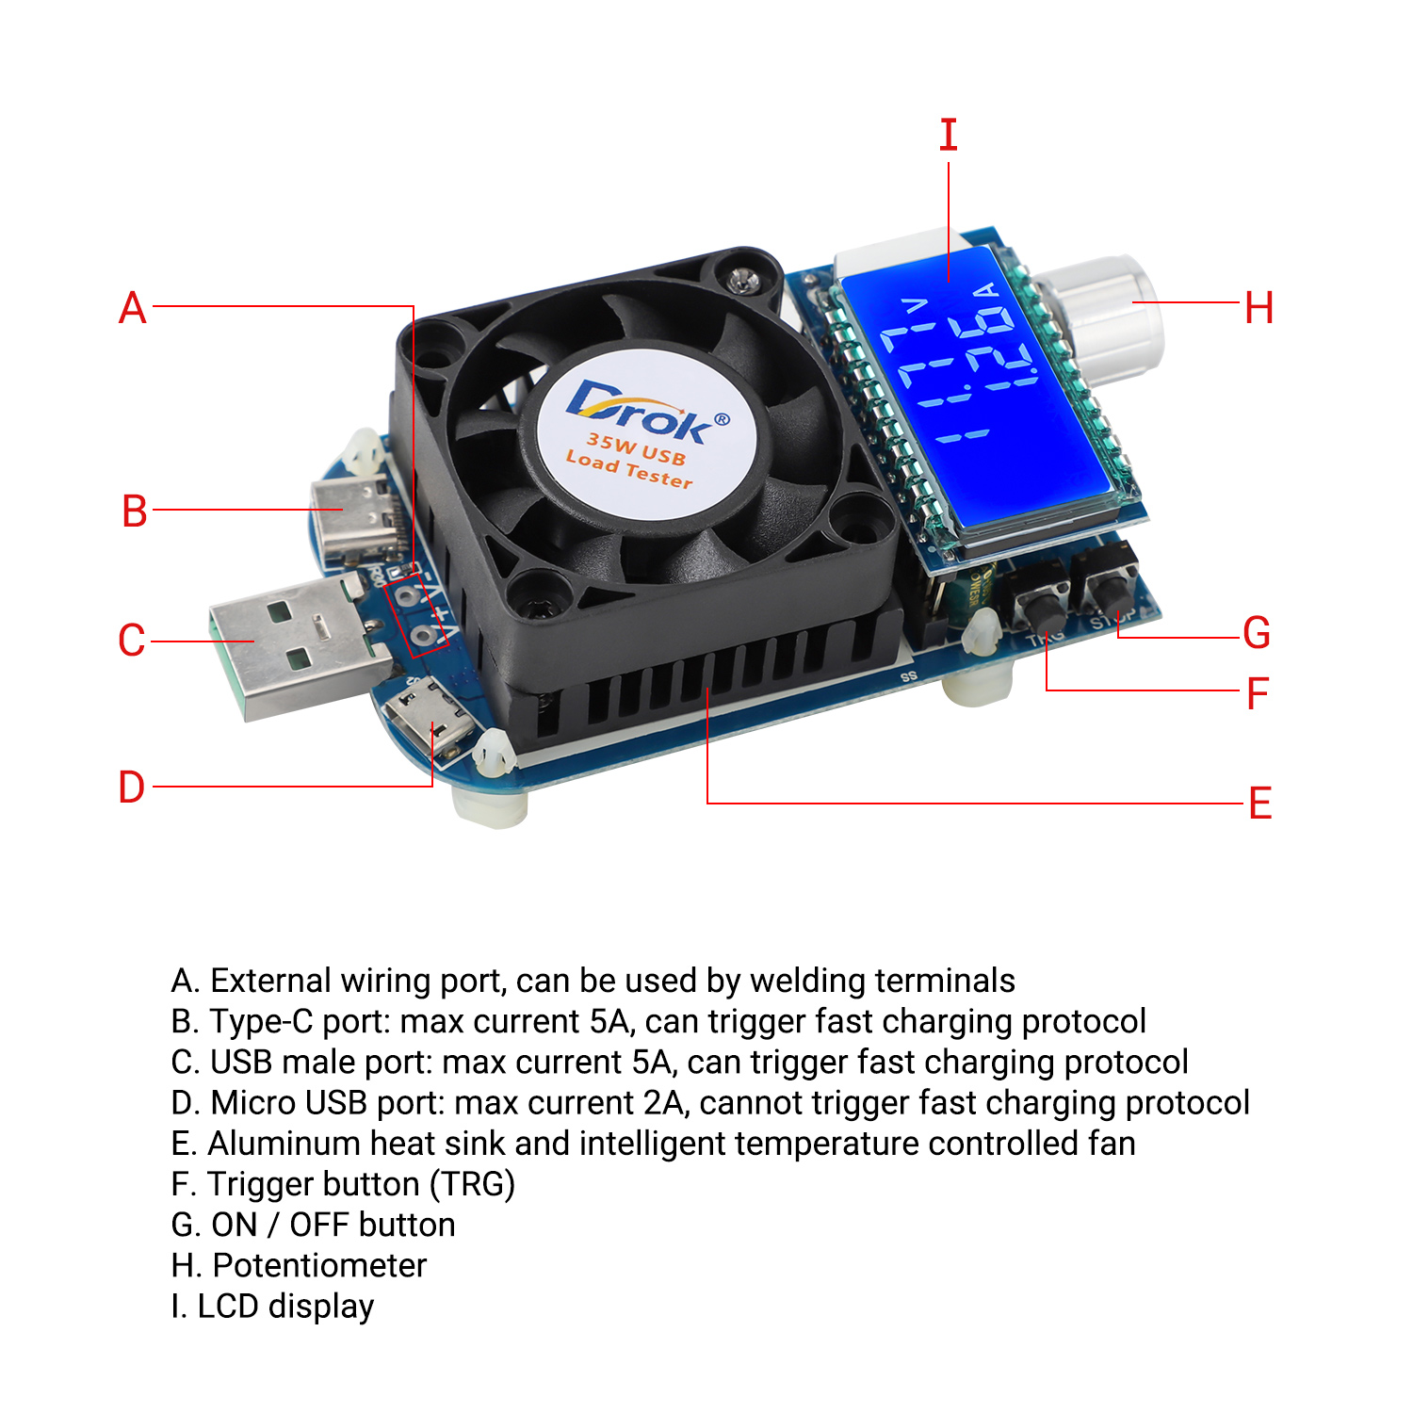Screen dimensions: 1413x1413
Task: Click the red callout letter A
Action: tap(133, 308)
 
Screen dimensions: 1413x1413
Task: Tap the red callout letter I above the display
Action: tap(949, 136)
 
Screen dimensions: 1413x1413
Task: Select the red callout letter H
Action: tap(1259, 308)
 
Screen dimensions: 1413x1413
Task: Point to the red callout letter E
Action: tap(1260, 804)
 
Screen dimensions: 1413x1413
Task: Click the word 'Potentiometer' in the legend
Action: tap(320, 1265)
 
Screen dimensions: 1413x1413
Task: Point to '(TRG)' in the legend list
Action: tap(472, 1184)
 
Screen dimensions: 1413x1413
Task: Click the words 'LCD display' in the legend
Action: tap(285, 1306)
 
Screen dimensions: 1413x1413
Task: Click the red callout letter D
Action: tap(132, 787)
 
